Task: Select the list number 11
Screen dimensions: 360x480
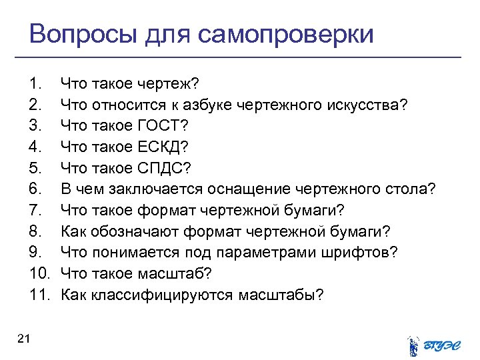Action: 39,295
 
